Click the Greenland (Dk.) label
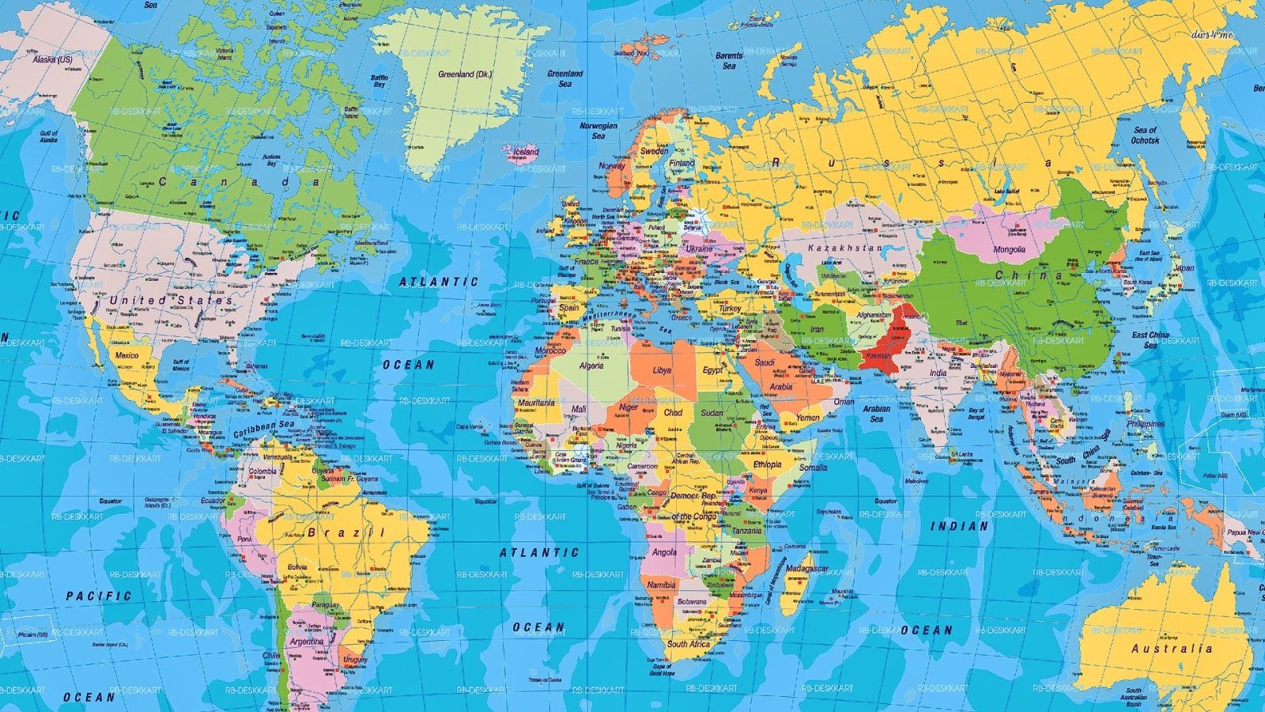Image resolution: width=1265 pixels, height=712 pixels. click(465, 74)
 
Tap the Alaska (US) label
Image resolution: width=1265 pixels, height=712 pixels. click(52, 59)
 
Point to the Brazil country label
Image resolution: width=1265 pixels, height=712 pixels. click(346, 532)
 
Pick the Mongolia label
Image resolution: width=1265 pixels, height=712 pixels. click(1009, 249)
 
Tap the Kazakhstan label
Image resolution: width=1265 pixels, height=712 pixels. click(844, 248)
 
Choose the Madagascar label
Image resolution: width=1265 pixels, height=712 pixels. click(807, 569)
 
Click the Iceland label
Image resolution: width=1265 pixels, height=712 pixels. click(526, 152)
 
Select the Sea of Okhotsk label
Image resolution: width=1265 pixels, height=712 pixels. click(1145, 135)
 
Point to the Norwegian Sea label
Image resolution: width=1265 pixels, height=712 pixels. click(599, 131)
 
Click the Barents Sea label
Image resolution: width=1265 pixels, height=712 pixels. click(729, 60)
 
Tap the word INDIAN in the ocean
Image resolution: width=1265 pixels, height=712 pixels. click(959, 526)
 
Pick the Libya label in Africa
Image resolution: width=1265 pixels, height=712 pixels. click(662, 370)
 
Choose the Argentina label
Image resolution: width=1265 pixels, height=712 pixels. click(306, 641)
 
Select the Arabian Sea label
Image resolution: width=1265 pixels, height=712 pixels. click(876, 413)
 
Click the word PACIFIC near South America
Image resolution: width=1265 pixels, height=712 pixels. click(99, 596)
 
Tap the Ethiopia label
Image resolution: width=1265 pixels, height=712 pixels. click(767, 464)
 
